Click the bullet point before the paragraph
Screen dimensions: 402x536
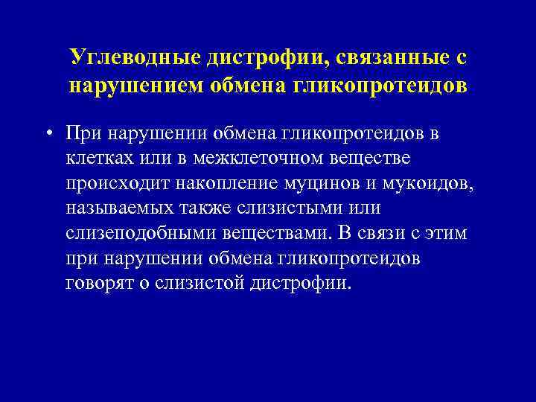pyautogui.click(x=48, y=133)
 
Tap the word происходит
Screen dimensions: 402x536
pyautogui.click(x=112, y=182)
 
